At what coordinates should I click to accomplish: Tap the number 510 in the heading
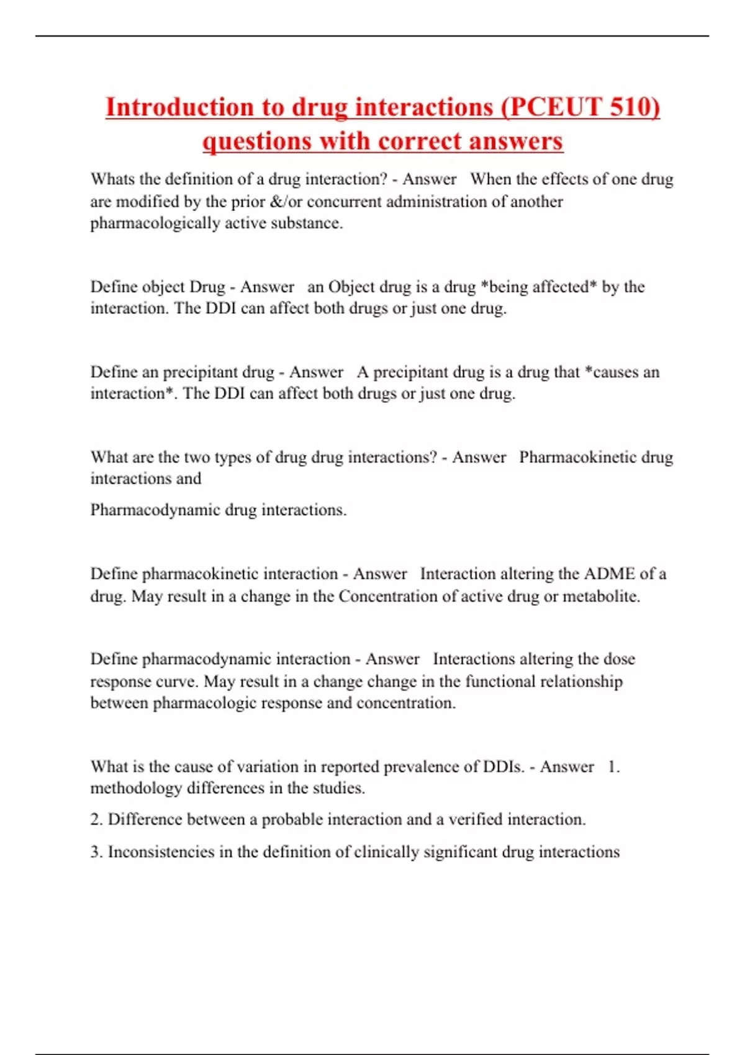[632, 107]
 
